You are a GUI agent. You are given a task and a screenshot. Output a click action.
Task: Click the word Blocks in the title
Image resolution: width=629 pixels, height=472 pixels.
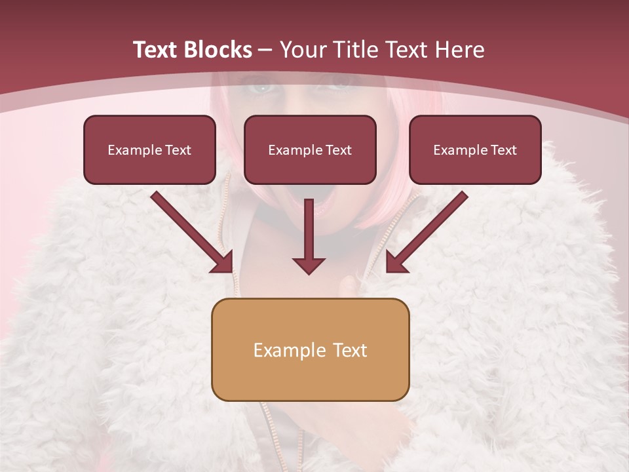tap(216, 50)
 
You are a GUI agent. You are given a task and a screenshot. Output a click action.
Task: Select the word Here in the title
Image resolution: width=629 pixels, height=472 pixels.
tap(459, 50)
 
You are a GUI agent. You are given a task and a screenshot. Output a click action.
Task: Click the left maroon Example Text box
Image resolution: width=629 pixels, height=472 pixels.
tap(149, 149)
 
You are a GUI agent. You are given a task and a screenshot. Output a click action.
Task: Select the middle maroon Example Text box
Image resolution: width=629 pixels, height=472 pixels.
tap(310, 149)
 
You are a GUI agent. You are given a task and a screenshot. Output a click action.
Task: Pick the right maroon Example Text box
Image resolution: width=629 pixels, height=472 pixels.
tap(475, 149)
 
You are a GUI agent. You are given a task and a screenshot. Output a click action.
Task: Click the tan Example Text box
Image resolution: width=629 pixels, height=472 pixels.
tap(310, 349)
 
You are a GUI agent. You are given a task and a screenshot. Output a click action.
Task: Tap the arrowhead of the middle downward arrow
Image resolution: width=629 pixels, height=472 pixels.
tap(309, 265)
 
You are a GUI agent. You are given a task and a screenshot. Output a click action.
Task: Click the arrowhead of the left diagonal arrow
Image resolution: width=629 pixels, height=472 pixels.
tap(223, 262)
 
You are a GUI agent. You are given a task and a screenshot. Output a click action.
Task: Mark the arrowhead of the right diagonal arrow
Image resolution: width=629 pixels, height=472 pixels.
tap(396, 262)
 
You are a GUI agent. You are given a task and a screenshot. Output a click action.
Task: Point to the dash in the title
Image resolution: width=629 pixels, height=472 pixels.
tap(265, 50)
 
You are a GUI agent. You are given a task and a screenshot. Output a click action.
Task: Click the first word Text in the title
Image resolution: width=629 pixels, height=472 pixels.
tap(155, 50)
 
